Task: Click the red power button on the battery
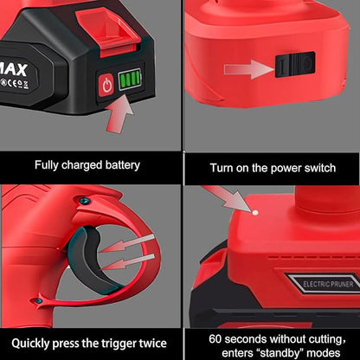point(107,86)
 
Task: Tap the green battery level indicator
point(130,79)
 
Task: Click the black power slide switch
point(295,64)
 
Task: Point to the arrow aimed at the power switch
point(249,69)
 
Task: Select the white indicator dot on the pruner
point(255,213)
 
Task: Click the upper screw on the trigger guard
point(84,200)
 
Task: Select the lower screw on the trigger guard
point(39,301)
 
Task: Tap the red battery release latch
point(109,31)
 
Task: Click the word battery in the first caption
point(122,165)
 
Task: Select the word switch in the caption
point(319,168)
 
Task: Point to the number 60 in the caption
point(215,339)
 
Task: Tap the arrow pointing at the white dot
point(227,198)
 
